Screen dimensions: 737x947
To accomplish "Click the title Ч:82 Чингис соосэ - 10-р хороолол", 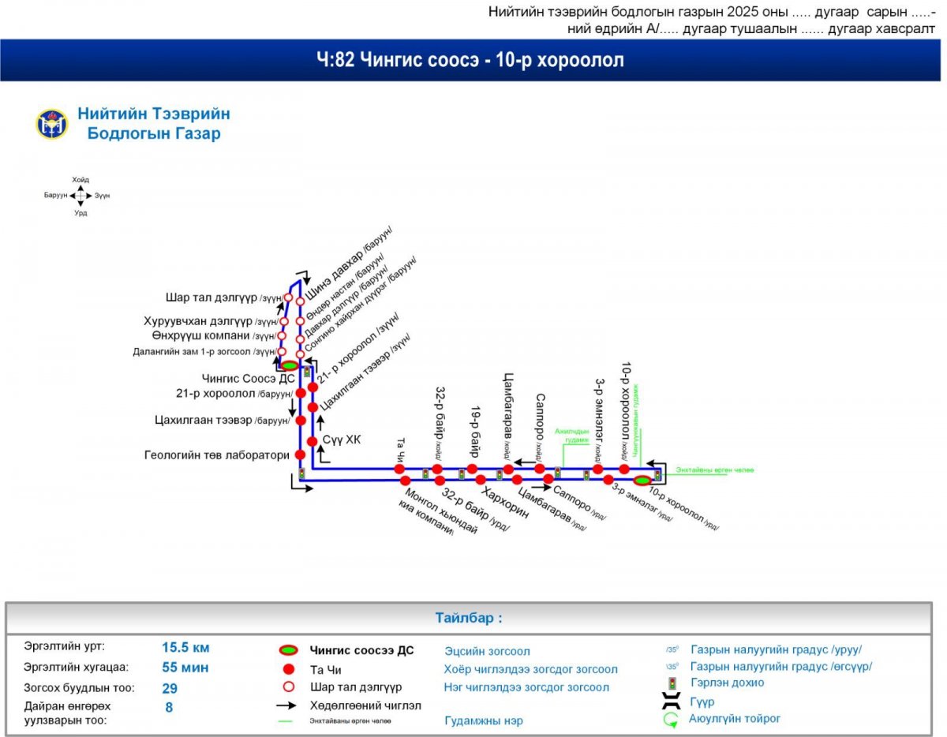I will point(470,60).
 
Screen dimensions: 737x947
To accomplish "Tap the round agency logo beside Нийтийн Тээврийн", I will point(51,124).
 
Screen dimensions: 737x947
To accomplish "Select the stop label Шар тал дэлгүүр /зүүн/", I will point(224,298).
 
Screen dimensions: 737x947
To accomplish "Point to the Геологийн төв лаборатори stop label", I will point(217,455).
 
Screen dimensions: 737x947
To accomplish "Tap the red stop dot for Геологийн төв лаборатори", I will point(300,455).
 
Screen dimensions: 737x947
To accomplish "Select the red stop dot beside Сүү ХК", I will point(313,441).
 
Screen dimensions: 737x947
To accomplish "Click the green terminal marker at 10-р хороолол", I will point(642,480).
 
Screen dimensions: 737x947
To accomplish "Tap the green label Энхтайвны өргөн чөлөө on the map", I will point(714,470).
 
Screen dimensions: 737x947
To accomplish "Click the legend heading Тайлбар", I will point(468,618).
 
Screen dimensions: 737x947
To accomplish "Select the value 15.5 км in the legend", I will point(185,648).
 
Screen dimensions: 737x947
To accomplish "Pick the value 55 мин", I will point(185,668).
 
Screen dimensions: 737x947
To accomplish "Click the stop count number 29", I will point(170,688).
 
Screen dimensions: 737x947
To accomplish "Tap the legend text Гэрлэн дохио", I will point(727,683).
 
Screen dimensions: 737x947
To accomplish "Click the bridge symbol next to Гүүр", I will point(672,701).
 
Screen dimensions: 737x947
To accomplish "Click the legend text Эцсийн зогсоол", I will point(487,652).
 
